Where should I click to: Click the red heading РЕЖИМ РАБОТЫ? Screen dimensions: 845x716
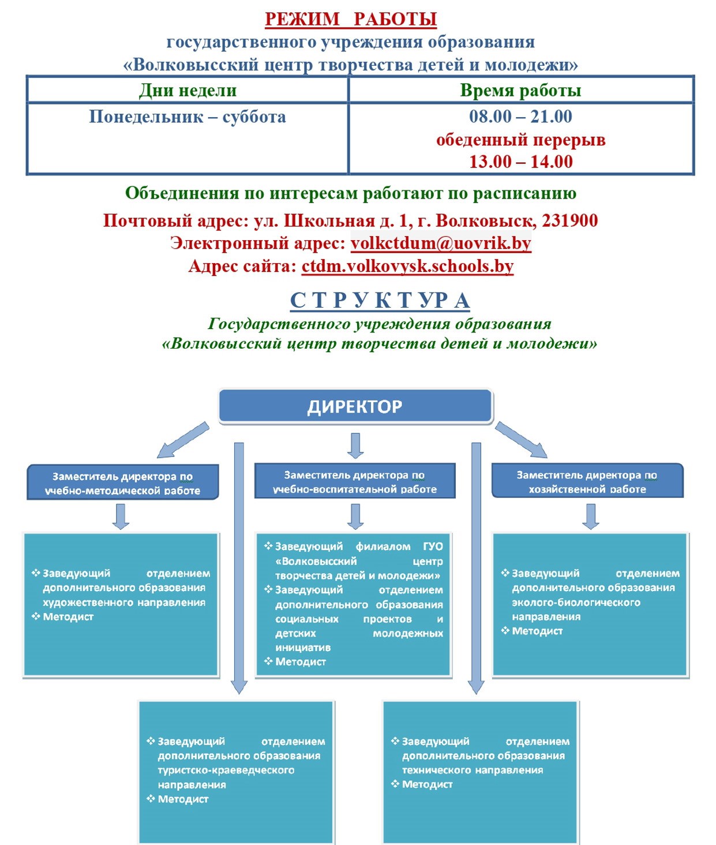(x=350, y=19)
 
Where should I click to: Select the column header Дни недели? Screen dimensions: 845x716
(x=188, y=91)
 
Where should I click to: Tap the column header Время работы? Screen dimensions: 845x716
(x=520, y=91)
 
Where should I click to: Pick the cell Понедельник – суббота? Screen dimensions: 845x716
(x=188, y=117)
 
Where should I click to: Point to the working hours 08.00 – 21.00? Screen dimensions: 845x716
(x=520, y=117)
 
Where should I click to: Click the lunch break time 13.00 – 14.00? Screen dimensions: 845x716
(x=520, y=162)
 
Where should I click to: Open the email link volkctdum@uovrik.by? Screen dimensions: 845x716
(x=441, y=243)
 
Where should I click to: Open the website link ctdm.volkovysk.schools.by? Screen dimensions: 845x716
(x=407, y=266)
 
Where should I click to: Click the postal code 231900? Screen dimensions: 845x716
(x=569, y=220)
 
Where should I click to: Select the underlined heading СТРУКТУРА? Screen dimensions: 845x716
(x=380, y=301)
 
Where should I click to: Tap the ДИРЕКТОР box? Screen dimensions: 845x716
(x=355, y=406)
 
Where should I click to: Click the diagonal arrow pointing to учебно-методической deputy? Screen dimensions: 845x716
(x=183, y=440)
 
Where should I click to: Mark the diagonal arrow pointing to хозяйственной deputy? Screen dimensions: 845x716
(x=521, y=440)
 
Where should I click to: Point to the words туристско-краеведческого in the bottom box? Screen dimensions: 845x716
(x=226, y=771)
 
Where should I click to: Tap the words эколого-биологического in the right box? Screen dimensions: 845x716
(x=576, y=603)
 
